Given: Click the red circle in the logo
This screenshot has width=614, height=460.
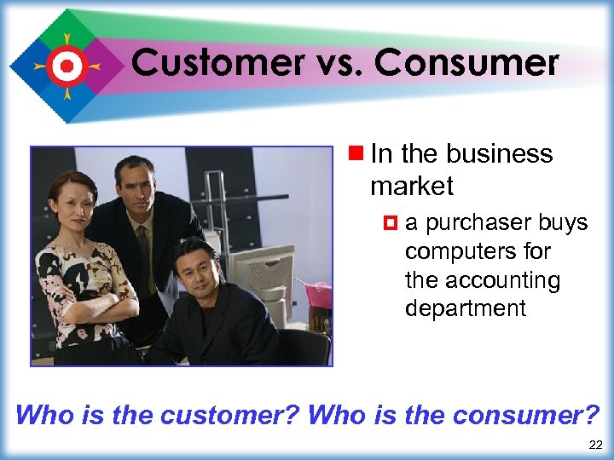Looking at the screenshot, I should pos(67,65).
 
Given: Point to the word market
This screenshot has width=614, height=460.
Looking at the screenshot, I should pos(412,185).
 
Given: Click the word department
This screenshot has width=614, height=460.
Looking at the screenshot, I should pos(466,308).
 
